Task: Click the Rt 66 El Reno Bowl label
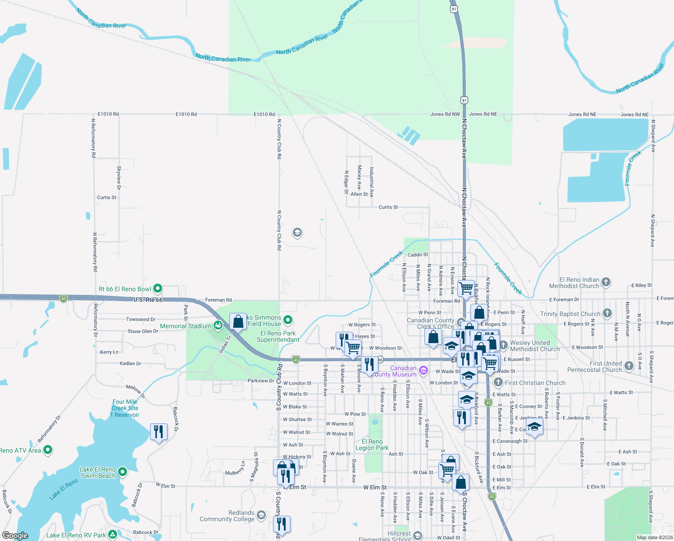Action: pyautogui.click(x=125, y=289)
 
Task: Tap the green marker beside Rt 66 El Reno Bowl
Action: pyautogui.click(x=157, y=288)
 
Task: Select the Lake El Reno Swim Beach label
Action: pyautogui.click(x=98, y=472)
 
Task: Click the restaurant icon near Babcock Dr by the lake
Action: pyautogui.click(x=158, y=432)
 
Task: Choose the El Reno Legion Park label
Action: pyautogui.click(x=372, y=445)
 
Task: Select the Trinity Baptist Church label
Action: pyautogui.click(x=570, y=314)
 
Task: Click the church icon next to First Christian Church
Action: pyautogui.click(x=498, y=382)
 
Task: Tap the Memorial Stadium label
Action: pyautogui.click(x=185, y=326)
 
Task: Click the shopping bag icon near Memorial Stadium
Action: pyautogui.click(x=238, y=321)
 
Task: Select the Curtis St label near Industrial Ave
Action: pyautogui.click(x=388, y=207)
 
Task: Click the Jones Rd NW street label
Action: pyautogui.click(x=445, y=114)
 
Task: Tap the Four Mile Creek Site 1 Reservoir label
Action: pyautogui.click(x=125, y=408)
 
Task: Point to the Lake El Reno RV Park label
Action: pyautogui.click(x=76, y=535)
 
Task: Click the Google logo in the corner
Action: pyautogui.click(x=15, y=536)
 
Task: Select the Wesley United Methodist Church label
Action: pyautogui.click(x=534, y=346)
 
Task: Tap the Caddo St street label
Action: pyautogui.click(x=418, y=255)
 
